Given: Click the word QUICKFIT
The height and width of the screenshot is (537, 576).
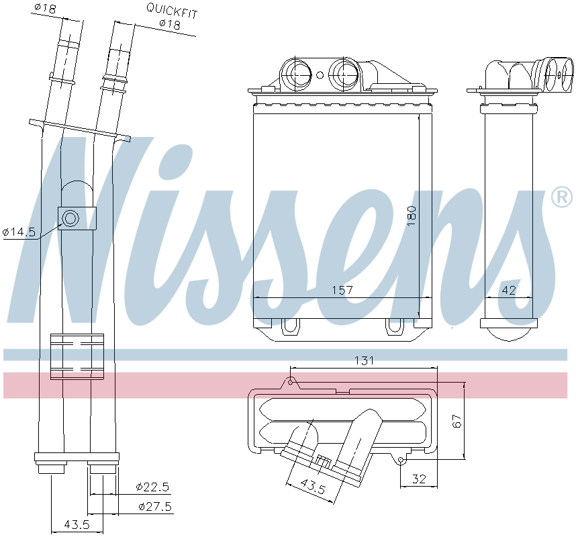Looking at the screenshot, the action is (172, 10).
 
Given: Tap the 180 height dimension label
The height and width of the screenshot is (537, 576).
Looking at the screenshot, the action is (412, 215).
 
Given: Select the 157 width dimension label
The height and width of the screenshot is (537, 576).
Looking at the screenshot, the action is (342, 290).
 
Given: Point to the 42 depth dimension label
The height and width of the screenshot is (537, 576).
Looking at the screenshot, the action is (509, 290).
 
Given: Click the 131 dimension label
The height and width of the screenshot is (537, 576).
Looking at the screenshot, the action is (364, 360).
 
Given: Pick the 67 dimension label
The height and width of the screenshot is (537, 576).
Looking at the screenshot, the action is (457, 421).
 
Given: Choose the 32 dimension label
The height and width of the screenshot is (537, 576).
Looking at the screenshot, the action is (419, 479).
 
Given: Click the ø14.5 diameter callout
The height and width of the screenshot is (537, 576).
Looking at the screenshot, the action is (19, 232).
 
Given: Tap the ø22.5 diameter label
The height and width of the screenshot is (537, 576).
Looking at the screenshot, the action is (152, 487).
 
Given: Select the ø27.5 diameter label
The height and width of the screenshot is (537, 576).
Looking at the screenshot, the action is (155, 507).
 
